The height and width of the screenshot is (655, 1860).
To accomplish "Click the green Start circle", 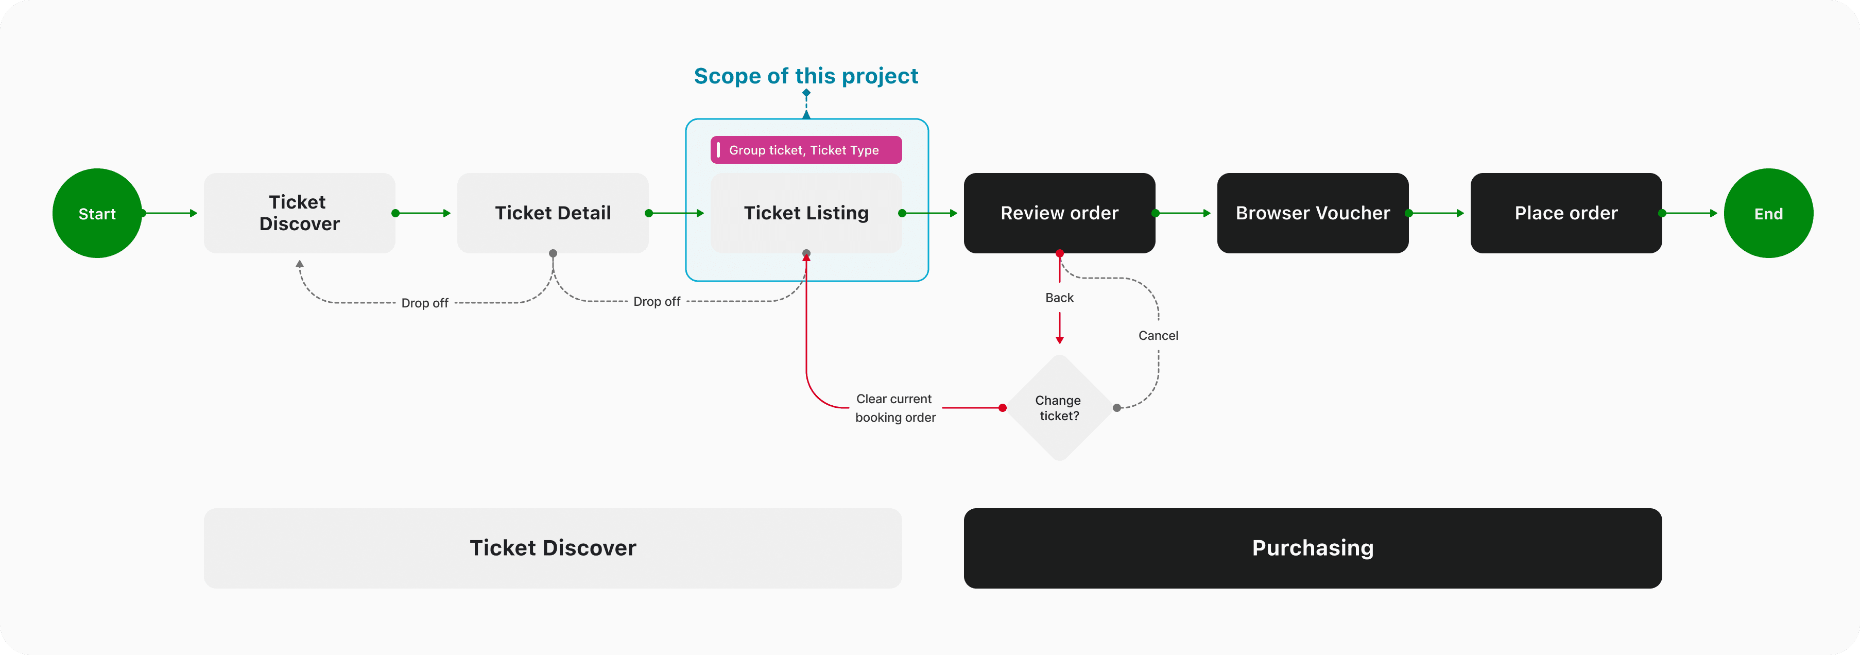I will click(x=97, y=213).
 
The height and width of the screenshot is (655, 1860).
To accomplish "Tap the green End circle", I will click(x=1768, y=213).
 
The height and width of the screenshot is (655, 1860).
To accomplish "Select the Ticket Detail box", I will click(x=553, y=213).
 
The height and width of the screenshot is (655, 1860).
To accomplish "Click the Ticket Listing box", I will click(x=806, y=213).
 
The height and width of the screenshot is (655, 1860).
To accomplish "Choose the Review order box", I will click(x=1059, y=213).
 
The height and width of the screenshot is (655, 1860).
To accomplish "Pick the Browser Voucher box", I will click(x=1312, y=213).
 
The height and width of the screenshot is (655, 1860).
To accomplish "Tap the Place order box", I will click(x=1565, y=213).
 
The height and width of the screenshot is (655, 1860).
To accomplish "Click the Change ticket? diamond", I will click(x=1059, y=408).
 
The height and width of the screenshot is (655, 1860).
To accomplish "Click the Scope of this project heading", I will click(x=806, y=76).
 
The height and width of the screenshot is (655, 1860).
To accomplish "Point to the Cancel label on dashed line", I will click(x=1158, y=336).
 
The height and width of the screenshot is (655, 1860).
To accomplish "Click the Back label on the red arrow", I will click(x=1059, y=298).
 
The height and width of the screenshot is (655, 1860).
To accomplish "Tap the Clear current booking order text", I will click(x=894, y=408).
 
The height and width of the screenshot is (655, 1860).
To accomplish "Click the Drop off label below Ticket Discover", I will click(x=424, y=303).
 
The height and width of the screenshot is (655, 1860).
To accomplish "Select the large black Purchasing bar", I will click(x=1312, y=548).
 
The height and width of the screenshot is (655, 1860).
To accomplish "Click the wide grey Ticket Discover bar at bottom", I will click(x=553, y=548).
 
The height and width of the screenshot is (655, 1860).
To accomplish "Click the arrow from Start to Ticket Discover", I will click(x=170, y=213).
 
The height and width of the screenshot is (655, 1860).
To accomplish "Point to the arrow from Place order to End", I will click(x=1690, y=213).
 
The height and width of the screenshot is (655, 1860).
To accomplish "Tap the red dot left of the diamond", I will click(x=1002, y=408).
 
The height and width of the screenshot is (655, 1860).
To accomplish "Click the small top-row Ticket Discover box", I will click(x=299, y=213).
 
